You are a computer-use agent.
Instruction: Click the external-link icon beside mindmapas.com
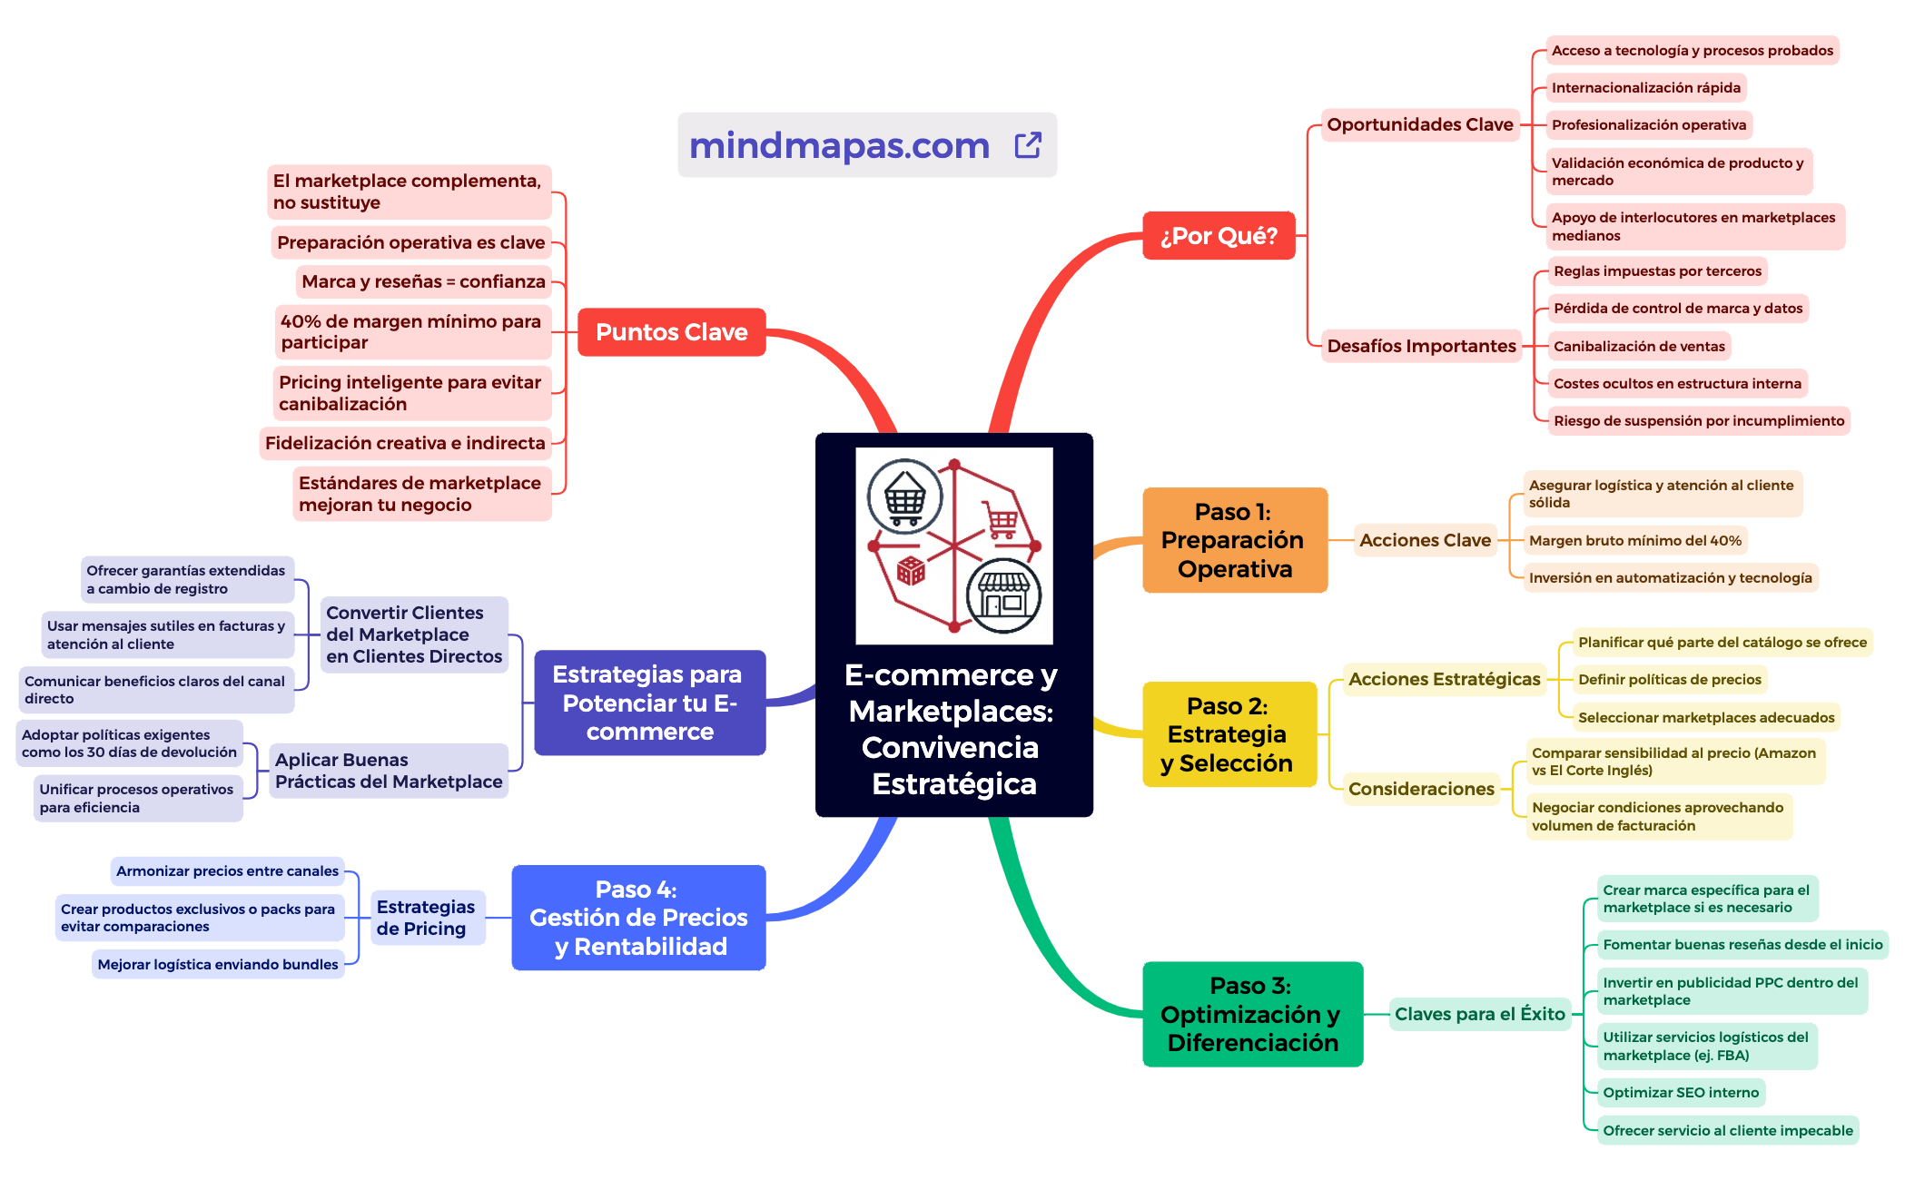coord(1027,145)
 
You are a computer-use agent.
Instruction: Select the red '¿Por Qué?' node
coord(1218,236)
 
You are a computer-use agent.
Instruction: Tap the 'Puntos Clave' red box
coord(671,332)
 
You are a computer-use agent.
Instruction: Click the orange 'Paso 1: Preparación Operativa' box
coord(1234,540)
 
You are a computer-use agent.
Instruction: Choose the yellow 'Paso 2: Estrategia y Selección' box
coord(1228,734)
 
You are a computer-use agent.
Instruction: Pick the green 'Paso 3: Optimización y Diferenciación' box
coord(1251,1014)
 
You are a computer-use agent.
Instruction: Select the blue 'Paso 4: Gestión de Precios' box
coord(638,918)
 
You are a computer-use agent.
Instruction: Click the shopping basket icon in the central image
coord(904,497)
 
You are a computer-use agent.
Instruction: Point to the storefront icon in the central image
coord(1003,595)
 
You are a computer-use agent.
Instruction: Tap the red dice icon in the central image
coord(910,571)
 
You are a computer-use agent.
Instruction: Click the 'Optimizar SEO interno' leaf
coord(1680,1093)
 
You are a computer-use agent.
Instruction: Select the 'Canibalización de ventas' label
coord(1638,347)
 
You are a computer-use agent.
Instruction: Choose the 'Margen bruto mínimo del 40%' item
coord(1634,541)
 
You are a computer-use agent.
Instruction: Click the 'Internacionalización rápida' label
coord(1645,88)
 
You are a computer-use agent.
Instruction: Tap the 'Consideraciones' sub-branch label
coord(1420,789)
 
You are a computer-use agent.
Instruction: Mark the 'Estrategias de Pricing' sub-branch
coord(426,918)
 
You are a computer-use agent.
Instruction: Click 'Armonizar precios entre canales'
coord(227,871)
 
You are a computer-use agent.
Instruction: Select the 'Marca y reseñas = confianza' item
coord(423,282)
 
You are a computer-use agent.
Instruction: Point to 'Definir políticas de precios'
coord(1669,680)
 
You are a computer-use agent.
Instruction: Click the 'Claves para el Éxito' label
coord(1479,1014)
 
